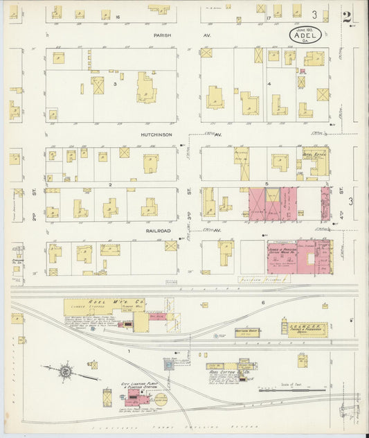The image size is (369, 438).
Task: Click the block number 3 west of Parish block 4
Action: click(115, 84)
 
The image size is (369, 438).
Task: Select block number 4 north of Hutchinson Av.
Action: click(269, 84)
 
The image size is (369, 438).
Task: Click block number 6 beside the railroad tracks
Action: click(263, 303)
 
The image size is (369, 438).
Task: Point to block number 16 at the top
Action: click(118, 16)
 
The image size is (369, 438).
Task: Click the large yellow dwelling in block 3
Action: click(146, 88)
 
